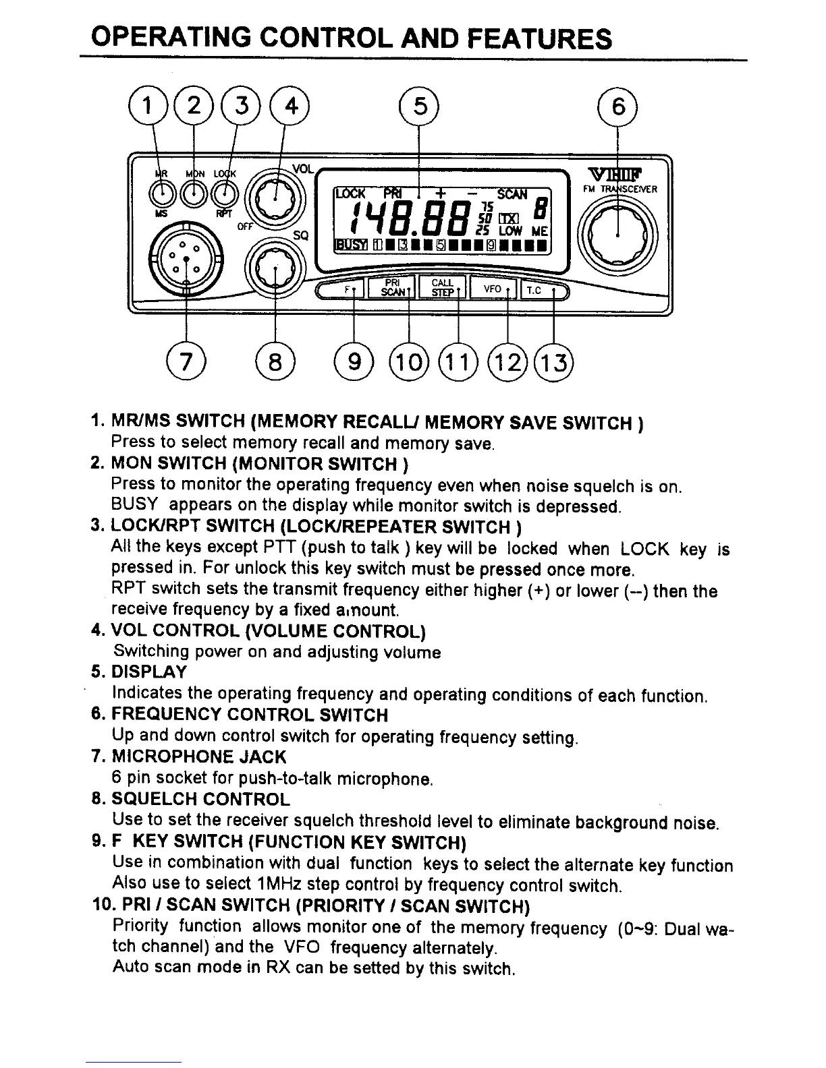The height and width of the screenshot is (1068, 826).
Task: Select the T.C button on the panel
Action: tap(539, 289)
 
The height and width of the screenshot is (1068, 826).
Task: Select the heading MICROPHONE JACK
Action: tap(198, 757)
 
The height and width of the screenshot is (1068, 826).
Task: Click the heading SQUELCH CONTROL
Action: tap(200, 800)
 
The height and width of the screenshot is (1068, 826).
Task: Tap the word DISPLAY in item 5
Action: tap(149, 672)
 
